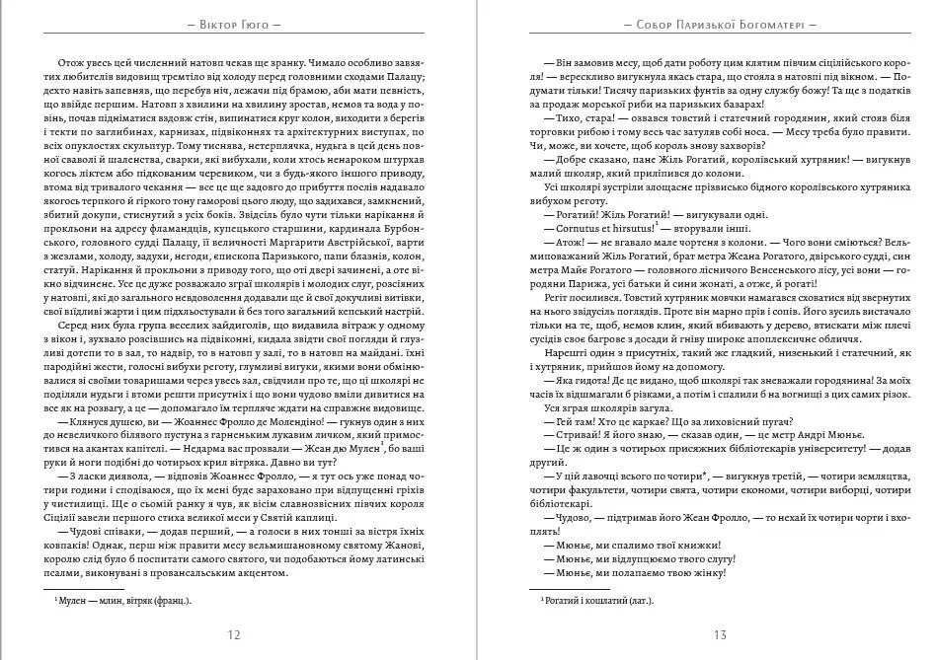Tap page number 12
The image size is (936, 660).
[234, 634]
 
